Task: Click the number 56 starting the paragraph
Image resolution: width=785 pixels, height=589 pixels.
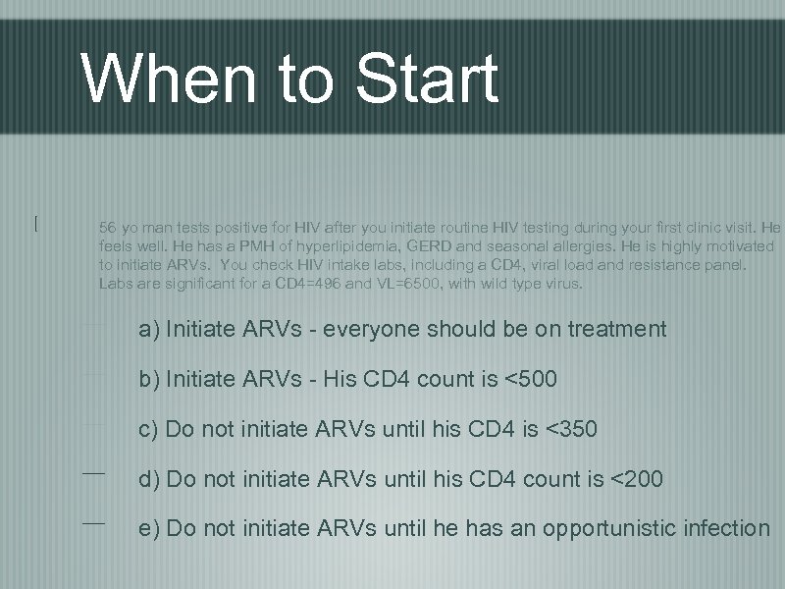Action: tap(107, 228)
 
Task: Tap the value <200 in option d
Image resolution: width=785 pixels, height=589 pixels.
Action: tap(637, 480)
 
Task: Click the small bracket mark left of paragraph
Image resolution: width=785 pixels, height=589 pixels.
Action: tap(35, 224)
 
